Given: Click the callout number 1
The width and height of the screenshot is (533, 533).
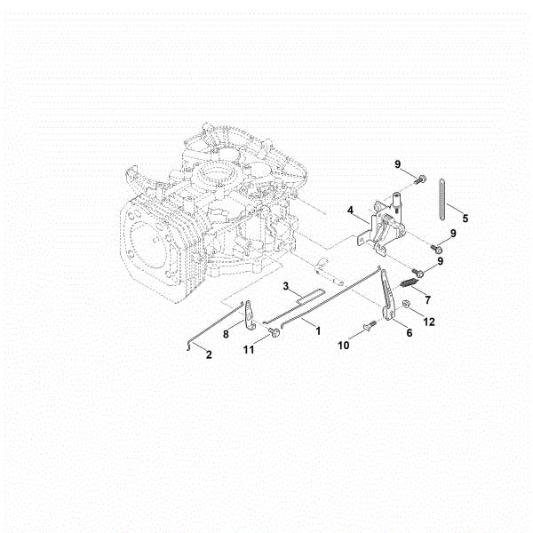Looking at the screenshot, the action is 318,330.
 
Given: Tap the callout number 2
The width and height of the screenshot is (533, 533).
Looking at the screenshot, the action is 209,354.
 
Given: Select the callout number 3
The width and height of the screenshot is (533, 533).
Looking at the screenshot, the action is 286,286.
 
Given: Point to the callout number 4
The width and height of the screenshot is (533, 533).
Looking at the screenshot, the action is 351,211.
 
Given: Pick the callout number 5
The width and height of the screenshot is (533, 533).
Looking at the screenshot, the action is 465,219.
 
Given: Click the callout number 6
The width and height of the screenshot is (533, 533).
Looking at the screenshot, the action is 410,332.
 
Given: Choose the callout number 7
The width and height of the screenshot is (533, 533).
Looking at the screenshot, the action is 427,300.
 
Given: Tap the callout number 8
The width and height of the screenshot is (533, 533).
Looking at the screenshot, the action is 226,334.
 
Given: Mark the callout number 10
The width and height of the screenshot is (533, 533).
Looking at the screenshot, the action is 344,346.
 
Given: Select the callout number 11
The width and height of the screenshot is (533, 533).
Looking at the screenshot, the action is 249,349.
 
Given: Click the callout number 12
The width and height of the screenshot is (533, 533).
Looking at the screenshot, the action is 429,322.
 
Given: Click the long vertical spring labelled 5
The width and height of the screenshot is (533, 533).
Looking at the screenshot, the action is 442,199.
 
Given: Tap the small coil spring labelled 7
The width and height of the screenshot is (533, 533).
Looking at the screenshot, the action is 409,282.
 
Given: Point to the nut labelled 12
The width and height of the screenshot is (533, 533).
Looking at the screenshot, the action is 405,304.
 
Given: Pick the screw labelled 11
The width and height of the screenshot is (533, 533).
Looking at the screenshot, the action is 274,331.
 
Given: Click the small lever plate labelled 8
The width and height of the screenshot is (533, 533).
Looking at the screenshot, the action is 249,315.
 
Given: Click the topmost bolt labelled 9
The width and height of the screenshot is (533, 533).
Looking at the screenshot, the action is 420,179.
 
